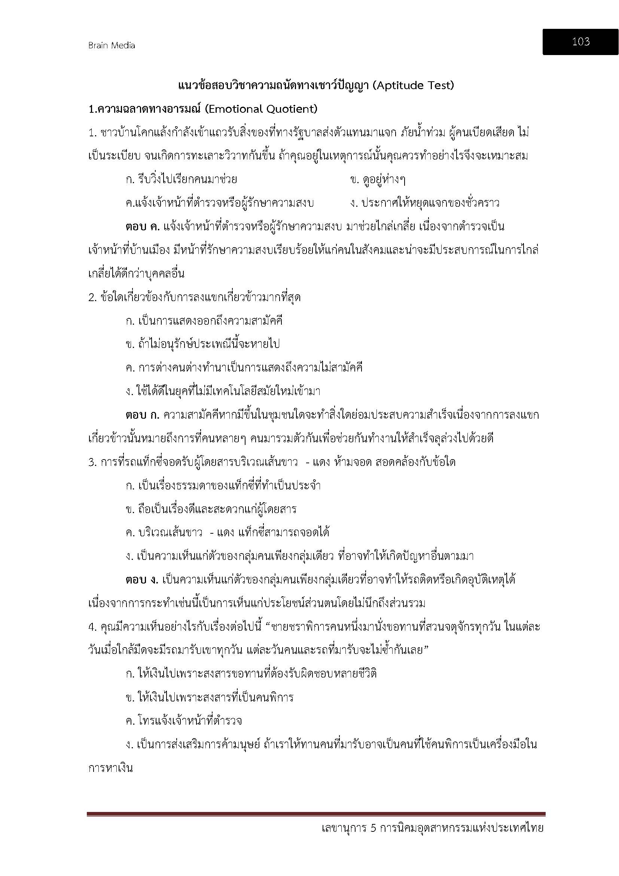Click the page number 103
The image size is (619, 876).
580,42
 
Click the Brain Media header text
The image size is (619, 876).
111,45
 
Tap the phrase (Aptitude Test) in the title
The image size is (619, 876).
413,85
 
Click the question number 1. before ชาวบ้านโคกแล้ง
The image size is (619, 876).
92,133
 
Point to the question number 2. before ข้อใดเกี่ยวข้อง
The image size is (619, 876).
92,297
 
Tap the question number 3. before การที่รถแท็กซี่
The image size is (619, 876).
92,462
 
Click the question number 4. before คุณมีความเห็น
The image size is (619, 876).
92,627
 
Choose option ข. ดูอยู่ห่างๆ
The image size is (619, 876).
377,180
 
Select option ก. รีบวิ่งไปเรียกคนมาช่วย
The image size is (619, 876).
182,180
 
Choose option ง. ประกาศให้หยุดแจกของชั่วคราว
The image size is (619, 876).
425,203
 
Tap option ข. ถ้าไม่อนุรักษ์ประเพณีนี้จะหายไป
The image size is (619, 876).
203,344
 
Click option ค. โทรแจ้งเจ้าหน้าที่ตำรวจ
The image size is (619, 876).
184,721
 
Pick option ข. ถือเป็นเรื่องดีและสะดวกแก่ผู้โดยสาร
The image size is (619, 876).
211,509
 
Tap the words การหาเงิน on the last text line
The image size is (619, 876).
110,768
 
